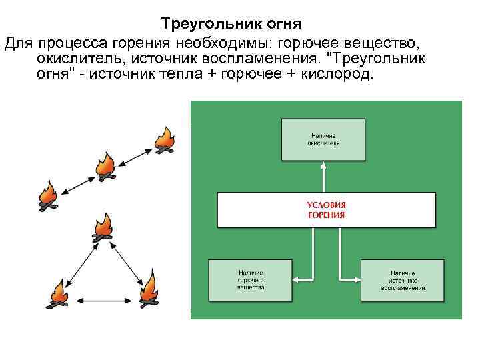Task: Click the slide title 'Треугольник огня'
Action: pos(231,24)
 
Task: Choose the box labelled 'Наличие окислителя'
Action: pos(323,140)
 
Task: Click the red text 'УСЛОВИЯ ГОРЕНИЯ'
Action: pos(326,209)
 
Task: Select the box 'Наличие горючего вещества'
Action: pos(251,280)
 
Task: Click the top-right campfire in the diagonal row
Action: pos(164,141)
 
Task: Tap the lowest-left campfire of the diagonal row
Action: pos(47,196)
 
